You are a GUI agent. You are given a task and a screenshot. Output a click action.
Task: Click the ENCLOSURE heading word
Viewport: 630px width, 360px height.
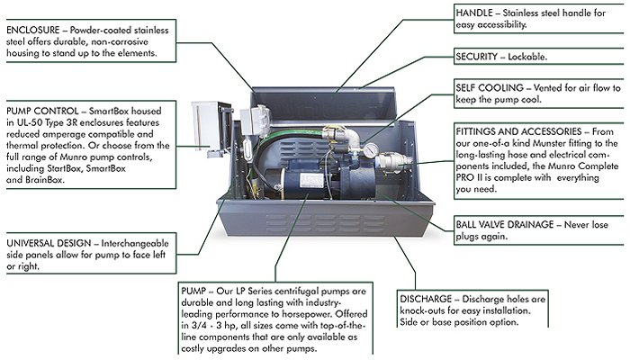tap(33, 30)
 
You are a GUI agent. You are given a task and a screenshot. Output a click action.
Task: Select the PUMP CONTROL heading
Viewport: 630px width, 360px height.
tap(42, 111)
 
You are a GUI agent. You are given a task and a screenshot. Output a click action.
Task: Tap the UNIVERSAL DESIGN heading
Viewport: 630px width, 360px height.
tap(49, 243)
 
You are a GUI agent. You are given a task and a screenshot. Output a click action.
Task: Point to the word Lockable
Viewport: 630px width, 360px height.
tap(527, 57)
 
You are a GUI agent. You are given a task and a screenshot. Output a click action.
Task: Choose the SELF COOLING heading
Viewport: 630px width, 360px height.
tap(490, 87)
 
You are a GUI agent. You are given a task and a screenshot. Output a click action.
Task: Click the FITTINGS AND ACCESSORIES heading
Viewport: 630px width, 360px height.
tap(518, 131)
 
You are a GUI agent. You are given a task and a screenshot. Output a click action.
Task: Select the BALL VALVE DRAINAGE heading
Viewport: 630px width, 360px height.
tap(505, 224)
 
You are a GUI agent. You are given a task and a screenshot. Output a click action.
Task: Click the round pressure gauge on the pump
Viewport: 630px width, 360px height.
tap(370, 150)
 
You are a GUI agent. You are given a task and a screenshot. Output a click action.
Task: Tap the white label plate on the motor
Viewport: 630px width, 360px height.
tap(312, 181)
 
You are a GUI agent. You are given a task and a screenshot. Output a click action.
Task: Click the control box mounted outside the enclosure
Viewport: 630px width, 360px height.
tap(212, 128)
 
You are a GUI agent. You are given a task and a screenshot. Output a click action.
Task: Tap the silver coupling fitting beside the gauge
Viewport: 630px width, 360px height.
tap(393, 162)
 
